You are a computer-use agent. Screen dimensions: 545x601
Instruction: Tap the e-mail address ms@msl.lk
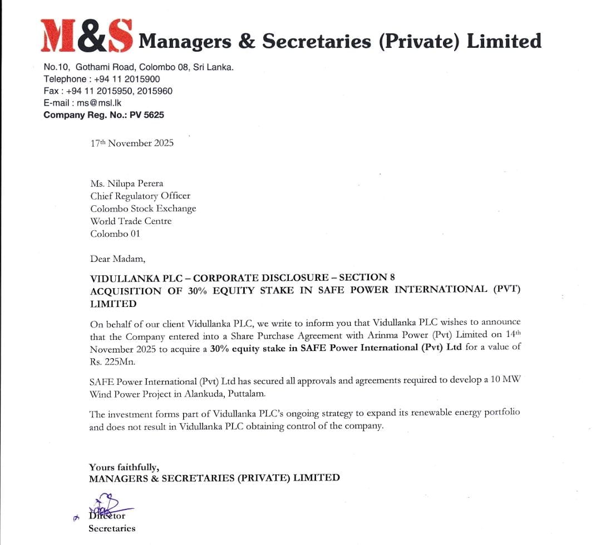click(x=100, y=103)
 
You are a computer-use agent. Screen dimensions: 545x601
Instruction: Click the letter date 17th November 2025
click(x=132, y=143)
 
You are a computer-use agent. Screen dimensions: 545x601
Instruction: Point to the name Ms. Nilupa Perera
click(x=127, y=184)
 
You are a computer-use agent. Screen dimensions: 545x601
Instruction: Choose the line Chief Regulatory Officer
click(x=140, y=196)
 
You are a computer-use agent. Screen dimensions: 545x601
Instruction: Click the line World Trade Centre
click(x=131, y=221)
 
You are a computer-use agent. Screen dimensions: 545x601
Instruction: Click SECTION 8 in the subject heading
click(x=367, y=277)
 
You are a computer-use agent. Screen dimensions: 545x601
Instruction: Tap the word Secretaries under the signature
click(x=112, y=528)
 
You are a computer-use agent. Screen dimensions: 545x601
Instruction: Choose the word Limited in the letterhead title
click(x=504, y=41)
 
